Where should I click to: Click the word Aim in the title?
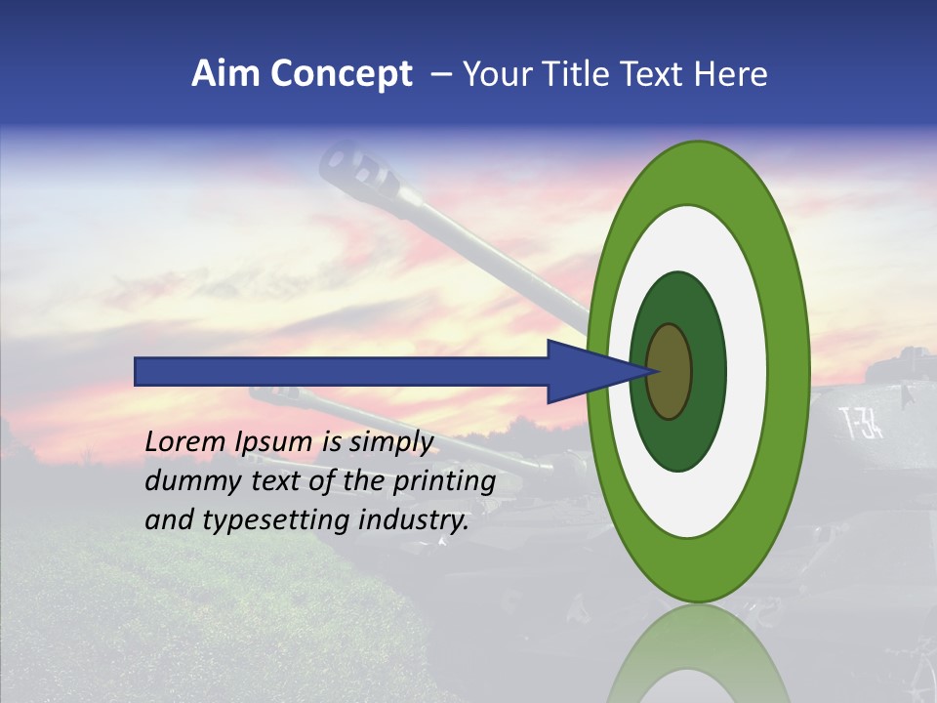[x=226, y=74]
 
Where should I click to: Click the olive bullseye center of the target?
[x=670, y=371]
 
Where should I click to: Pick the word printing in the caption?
[x=445, y=482]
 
